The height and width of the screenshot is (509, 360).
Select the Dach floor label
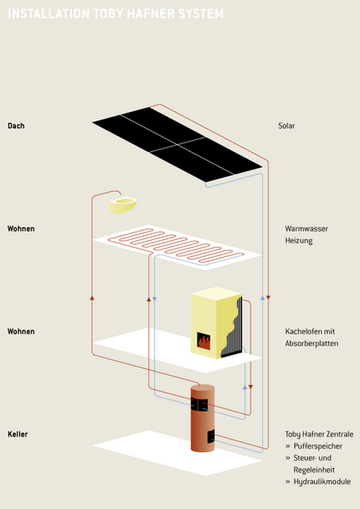click(16, 126)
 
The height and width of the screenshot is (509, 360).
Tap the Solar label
click(286, 126)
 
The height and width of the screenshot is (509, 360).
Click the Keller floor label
click(18, 434)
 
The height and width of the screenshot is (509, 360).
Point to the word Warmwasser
click(307, 228)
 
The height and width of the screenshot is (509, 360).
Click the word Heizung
click(299, 241)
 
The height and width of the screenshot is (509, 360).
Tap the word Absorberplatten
click(312, 343)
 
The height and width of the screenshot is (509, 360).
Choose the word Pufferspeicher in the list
click(318, 446)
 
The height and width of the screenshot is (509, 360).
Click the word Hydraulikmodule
click(322, 481)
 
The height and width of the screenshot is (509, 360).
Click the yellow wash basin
click(122, 204)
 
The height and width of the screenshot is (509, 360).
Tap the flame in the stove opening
click(204, 342)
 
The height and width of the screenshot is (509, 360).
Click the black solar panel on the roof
click(177, 144)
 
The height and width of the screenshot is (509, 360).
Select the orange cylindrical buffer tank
click(202, 418)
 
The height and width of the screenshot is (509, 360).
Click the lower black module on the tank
click(211, 436)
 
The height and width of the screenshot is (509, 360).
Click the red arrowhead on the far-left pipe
click(92, 298)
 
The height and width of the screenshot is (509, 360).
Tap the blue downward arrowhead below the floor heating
click(155, 299)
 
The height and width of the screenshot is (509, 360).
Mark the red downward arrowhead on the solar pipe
click(268, 298)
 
